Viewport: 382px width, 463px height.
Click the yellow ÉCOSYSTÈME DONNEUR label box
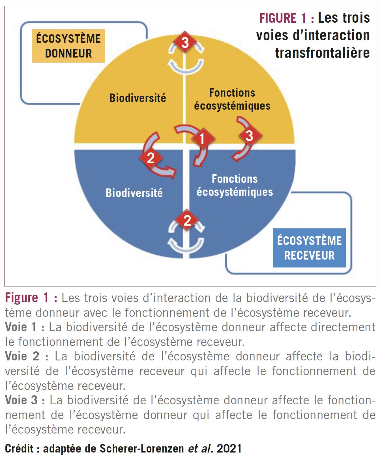click(x=68, y=46)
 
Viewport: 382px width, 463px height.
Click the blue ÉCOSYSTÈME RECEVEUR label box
click(x=309, y=248)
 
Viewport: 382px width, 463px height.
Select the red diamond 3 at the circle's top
click(x=185, y=43)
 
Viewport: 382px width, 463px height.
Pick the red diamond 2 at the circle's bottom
click(x=187, y=220)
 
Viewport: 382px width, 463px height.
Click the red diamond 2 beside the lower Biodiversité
click(x=151, y=158)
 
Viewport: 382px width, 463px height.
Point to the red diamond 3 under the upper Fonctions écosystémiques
click(x=250, y=135)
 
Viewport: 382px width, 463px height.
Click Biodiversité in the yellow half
click(x=138, y=98)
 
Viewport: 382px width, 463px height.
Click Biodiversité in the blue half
click(x=134, y=193)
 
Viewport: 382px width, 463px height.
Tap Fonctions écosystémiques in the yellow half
click(x=232, y=99)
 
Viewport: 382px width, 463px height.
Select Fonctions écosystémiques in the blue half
click(x=235, y=185)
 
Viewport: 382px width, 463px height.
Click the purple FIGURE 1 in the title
click(x=283, y=18)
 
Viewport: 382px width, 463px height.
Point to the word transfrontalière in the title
click(x=322, y=53)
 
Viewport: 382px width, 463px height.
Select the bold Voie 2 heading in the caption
click(x=22, y=356)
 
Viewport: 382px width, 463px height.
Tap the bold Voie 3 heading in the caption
click(x=21, y=400)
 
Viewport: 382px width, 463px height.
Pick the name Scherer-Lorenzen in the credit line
click(x=142, y=449)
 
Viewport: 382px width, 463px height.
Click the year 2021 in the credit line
click(x=229, y=449)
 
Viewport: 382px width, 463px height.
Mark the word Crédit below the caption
click(x=19, y=449)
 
